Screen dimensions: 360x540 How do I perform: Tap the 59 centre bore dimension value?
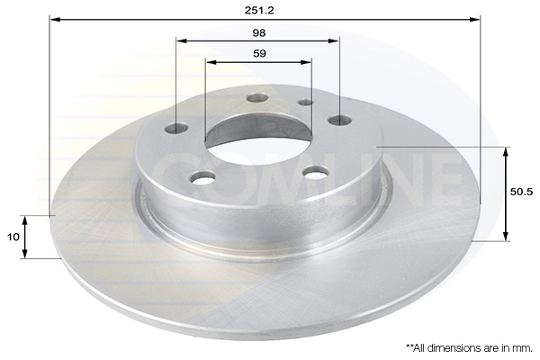click(259, 53)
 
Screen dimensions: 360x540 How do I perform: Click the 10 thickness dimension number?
click(13, 236)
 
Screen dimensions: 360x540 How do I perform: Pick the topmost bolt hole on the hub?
click(257, 97)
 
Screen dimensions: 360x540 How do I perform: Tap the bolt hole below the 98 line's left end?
click(177, 129)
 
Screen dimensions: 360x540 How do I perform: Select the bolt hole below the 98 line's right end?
click(339, 120)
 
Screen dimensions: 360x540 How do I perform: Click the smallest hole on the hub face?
click(305, 102)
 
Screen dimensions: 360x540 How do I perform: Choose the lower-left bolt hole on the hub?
click(203, 177)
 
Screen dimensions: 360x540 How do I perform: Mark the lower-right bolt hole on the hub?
click(314, 172)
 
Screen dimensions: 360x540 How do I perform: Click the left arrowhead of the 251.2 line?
click(53, 18)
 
